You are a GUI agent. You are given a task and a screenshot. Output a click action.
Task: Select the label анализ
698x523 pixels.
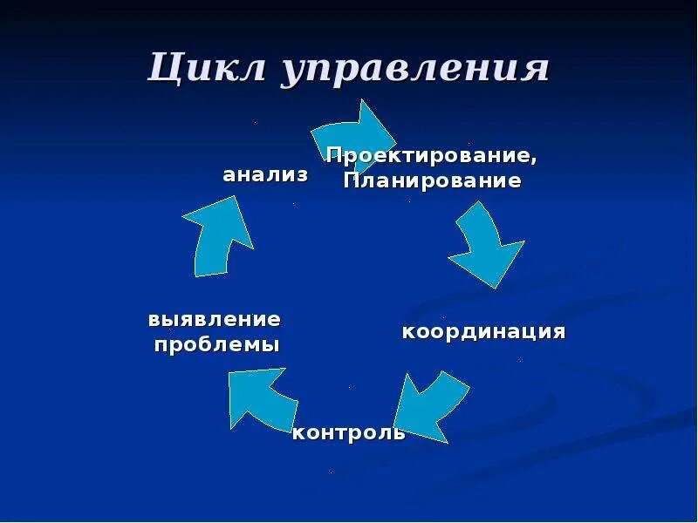pos(265,174)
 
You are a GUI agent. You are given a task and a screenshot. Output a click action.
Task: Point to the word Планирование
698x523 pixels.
pos(432,181)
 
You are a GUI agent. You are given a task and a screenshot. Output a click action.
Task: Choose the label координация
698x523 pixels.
pos(483,332)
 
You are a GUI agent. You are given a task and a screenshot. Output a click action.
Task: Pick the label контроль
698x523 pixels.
pos(348,432)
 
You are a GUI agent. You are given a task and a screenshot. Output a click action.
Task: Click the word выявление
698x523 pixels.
pos(215,319)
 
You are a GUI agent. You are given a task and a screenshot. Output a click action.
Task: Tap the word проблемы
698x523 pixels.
pos(217,344)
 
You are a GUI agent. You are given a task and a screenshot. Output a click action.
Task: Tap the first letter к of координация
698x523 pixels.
pos(407,332)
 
